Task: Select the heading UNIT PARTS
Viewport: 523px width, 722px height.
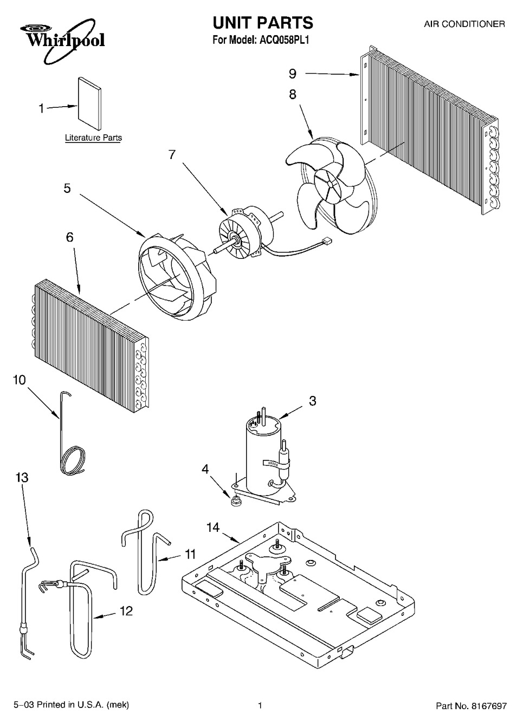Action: click(x=263, y=23)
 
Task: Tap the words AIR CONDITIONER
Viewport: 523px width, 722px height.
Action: click(x=464, y=24)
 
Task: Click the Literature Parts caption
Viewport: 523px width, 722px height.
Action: click(x=94, y=138)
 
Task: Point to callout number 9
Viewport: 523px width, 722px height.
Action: click(x=292, y=74)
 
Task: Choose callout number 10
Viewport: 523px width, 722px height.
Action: click(x=20, y=380)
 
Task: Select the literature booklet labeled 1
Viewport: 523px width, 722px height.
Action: click(x=89, y=103)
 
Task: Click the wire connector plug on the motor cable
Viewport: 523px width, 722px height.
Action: click(x=327, y=240)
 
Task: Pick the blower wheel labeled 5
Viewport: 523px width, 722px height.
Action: click(x=177, y=277)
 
